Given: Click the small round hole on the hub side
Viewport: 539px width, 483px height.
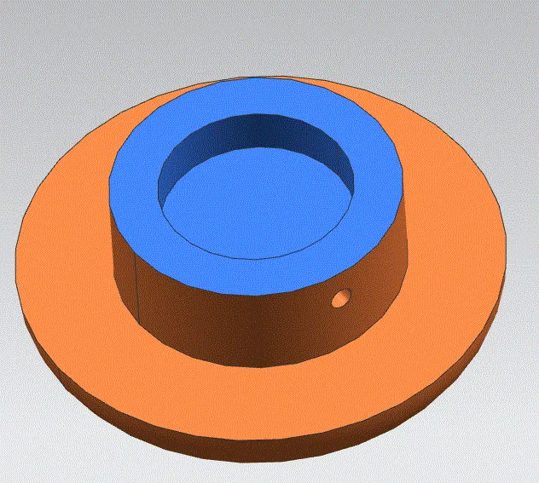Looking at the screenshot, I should click(341, 298).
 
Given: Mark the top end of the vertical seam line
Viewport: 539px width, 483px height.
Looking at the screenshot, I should click(137, 252).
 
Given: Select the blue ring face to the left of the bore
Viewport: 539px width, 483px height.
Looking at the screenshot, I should click(136, 183).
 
